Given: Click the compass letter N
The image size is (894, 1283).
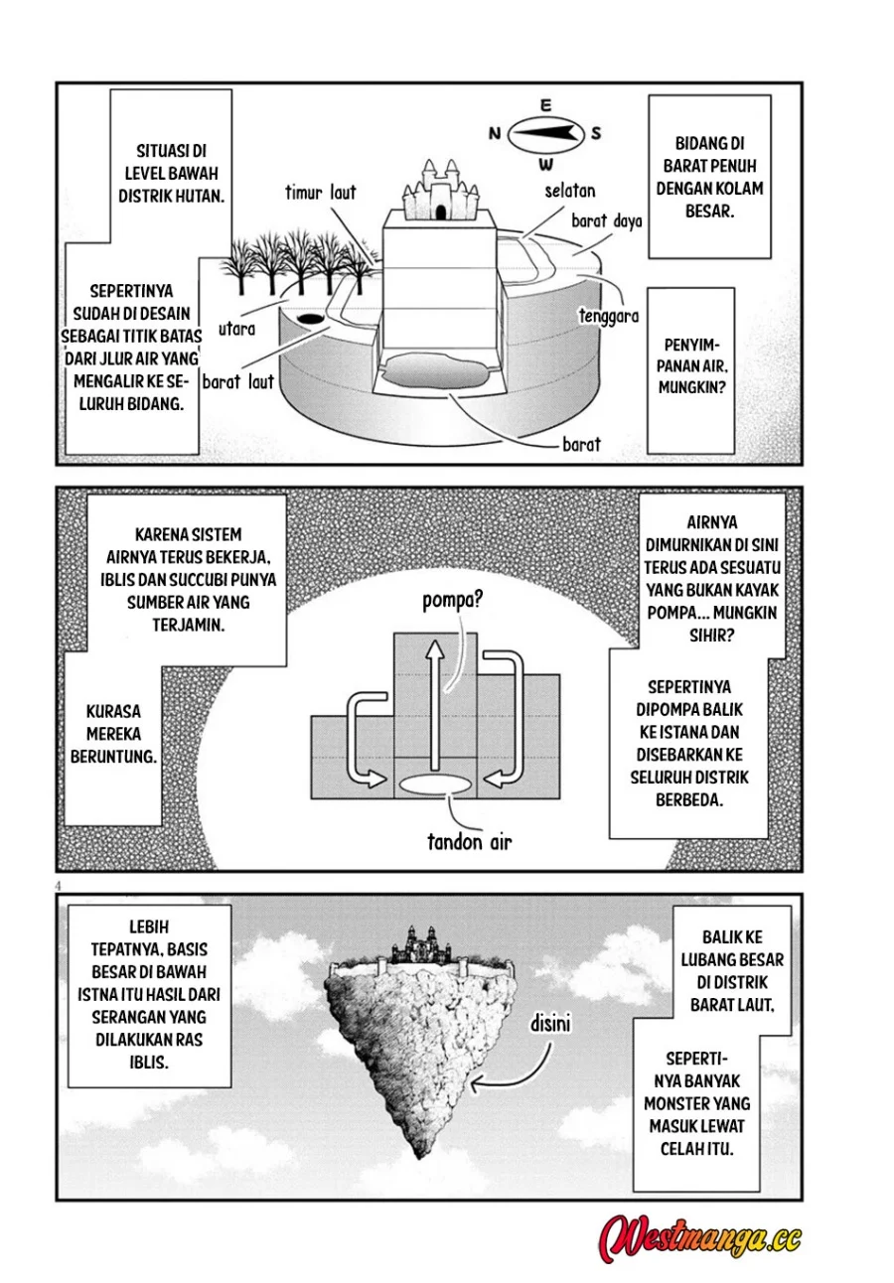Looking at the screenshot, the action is point(494,133).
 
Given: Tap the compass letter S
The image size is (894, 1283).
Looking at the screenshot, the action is point(596,133).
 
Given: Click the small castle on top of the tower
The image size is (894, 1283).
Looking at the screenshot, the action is point(440,190).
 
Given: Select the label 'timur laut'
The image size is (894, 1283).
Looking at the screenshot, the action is point(320,193).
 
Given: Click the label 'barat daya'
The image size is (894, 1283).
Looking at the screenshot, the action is point(607,220).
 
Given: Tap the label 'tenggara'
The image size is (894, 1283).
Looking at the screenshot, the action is point(609,316).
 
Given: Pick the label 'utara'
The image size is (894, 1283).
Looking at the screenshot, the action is point(236,330).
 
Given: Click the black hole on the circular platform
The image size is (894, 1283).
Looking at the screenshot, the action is point(310,318).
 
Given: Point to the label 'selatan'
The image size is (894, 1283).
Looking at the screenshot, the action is point(569,191).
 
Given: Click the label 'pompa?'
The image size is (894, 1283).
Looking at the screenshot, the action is point(452,601).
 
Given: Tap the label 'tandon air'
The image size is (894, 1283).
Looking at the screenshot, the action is point(469,842).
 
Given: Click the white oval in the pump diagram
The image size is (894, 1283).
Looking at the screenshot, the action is point(434,784).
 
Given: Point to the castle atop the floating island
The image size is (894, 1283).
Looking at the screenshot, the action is point(421,944).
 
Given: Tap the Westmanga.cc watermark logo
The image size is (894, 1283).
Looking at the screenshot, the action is point(700,1237).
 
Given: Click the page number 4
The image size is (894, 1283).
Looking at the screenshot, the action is point(58,886).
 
